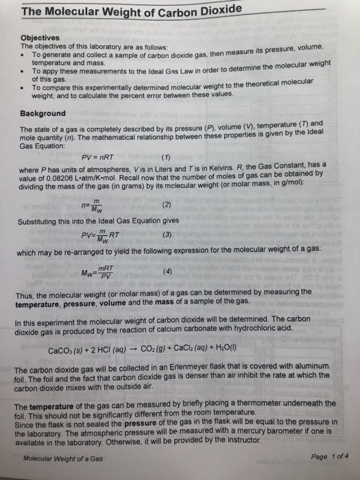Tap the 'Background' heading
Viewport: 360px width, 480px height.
[x=43, y=113]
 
